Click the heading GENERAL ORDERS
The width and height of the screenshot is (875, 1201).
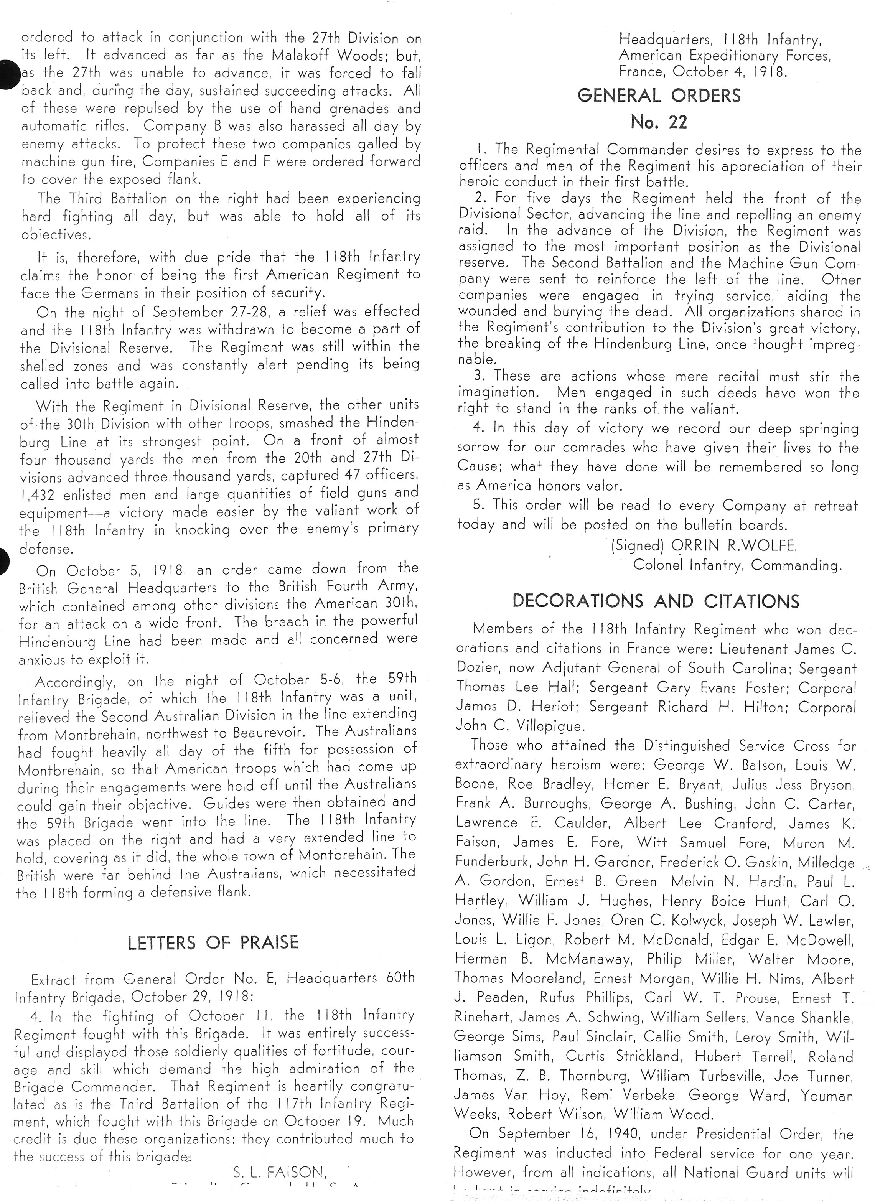click(x=659, y=96)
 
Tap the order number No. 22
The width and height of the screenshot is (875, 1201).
click(x=659, y=122)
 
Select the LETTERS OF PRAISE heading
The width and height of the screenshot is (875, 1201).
click(x=213, y=942)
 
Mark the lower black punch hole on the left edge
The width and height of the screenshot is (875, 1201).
click(x=4, y=563)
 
